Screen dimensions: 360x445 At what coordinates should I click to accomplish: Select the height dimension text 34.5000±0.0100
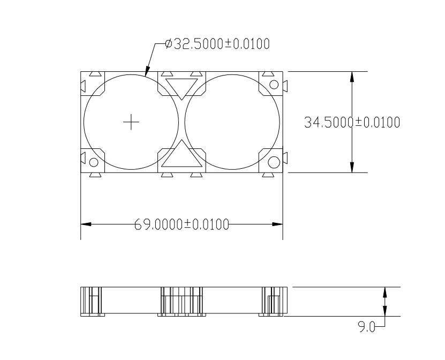click(x=352, y=123)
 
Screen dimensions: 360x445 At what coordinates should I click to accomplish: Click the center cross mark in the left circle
click(x=131, y=123)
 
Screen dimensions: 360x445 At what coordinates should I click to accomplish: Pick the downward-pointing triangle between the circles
click(x=182, y=86)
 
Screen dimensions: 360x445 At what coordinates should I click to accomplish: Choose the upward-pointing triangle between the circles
click(x=182, y=156)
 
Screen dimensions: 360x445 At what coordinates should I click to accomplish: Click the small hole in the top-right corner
click(x=274, y=85)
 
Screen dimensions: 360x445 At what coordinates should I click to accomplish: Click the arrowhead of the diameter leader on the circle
click(x=147, y=73)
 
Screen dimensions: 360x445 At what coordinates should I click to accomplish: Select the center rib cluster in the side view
click(x=181, y=302)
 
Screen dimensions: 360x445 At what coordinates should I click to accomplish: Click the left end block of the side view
click(x=91, y=302)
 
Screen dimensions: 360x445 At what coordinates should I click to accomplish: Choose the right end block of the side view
click(x=273, y=302)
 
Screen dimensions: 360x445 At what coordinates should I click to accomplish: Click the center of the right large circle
click(x=232, y=123)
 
